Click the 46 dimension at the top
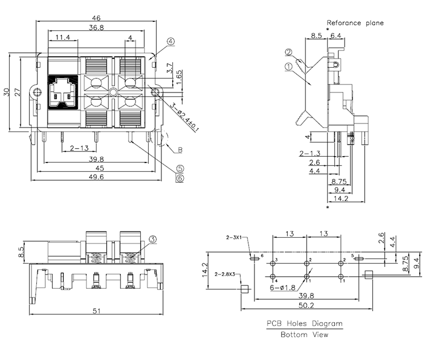pos(97,18)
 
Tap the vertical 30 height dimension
pos(7,92)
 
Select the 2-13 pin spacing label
pos(79,149)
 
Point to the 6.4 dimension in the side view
pos(336,35)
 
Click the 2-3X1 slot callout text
pos(235,237)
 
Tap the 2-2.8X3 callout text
pos(226,274)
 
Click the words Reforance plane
pos(355,23)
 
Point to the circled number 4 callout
pos(171,41)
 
